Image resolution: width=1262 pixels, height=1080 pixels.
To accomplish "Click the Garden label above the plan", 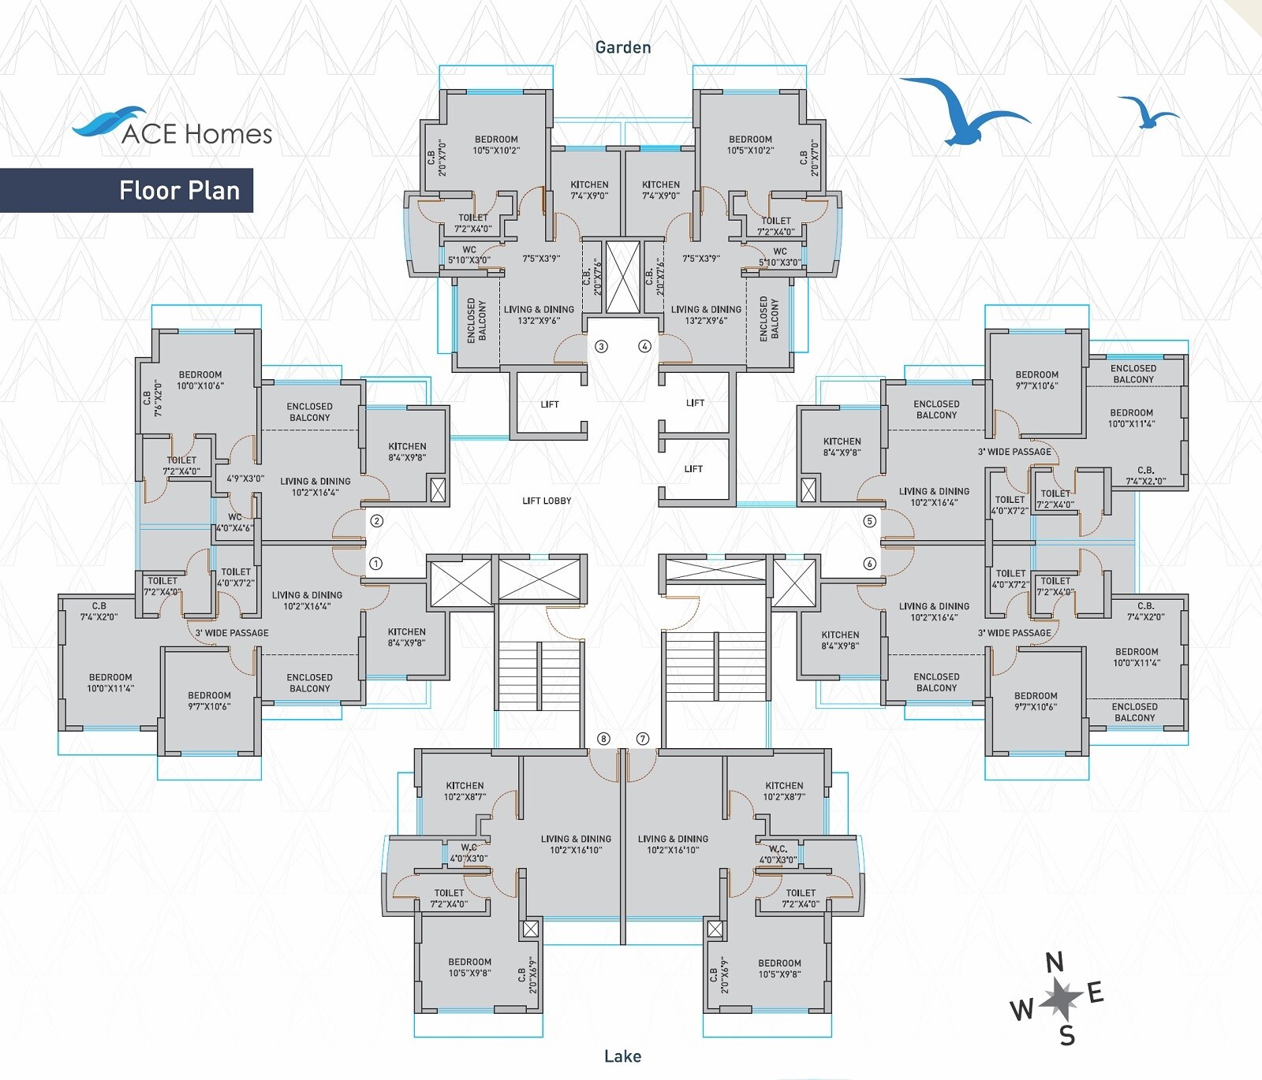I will click(x=623, y=47).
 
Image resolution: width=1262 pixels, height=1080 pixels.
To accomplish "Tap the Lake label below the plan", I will click(x=622, y=1056).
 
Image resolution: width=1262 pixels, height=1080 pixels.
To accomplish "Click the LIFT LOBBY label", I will click(x=547, y=501).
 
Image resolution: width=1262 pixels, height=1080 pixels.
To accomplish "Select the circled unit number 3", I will click(x=601, y=346).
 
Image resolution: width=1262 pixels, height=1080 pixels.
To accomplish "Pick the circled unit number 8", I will click(x=603, y=739).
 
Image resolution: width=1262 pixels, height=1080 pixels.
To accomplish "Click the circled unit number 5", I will click(x=870, y=521).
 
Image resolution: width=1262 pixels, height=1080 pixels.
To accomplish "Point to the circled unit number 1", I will click(x=376, y=564).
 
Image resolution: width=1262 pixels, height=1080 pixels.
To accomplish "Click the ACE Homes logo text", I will click(x=196, y=133).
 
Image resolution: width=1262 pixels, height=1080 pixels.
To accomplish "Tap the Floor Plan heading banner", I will click(x=179, y=190).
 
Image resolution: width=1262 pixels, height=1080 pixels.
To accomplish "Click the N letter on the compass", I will click(x=1054, y=963).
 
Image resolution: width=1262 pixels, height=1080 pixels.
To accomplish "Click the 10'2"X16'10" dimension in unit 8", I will click(x=576, y=850).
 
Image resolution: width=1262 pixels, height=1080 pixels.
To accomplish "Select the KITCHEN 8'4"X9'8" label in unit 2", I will click(x=407, y=452).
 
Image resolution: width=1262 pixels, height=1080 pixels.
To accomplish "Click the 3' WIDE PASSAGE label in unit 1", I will click(x=232, y=633).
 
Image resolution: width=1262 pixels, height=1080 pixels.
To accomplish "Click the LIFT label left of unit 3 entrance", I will click(x=550, y=404).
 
